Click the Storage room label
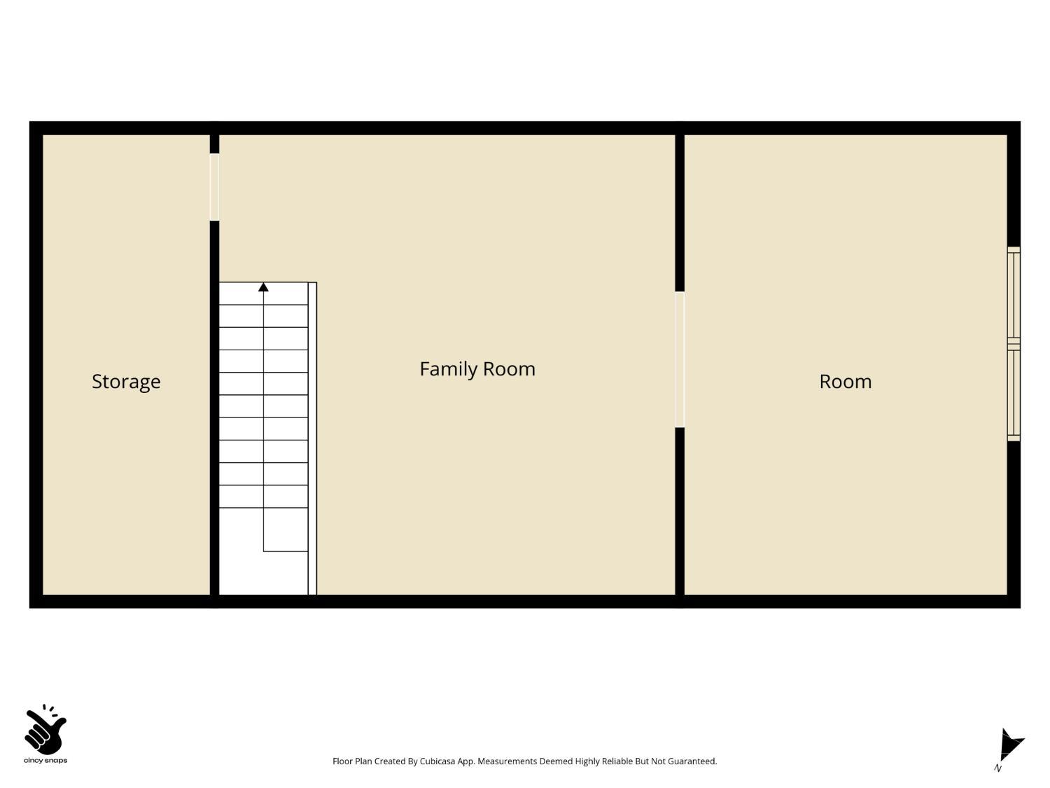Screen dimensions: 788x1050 tap(126, 381)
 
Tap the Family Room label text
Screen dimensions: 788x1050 tap(477, 368)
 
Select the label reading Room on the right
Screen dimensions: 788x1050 tap(845, 381)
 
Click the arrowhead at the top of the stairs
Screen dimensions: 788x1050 tap(263, 287)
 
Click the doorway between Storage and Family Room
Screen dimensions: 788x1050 tap(214, 187)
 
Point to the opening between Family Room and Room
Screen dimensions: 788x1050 tap(679, 359)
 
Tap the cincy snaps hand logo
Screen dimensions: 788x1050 tap(45, 730)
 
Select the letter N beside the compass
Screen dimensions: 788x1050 tap(997, 768)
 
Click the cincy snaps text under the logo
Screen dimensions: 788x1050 tap(45, 761)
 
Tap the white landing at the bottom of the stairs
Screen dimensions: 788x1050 tap(263, 573)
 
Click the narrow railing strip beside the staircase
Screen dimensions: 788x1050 tap(312, 438)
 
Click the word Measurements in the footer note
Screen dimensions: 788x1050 tap(507, 761)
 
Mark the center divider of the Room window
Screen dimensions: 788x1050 tap(1013, 344)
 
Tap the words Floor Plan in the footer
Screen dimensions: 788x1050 tap(352, 761)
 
